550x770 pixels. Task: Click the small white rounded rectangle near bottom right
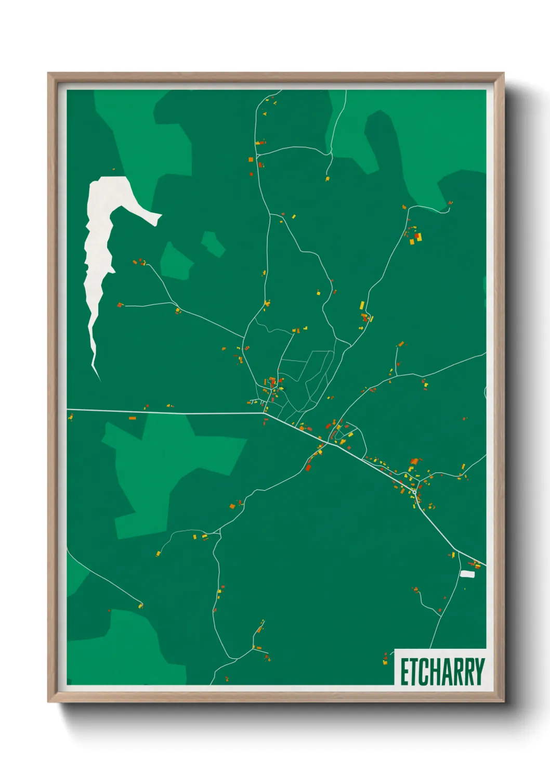(x=467, y=574)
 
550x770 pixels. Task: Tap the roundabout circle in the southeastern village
(x=414, y=492)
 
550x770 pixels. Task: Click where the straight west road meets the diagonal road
(x=264, y=414)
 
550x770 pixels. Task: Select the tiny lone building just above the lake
(x=113, y=169)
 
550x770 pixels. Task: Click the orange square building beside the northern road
(x=251, y=159)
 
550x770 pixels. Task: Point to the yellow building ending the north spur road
(x=327, y=179)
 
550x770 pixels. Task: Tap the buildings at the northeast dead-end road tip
(x=450, y=203)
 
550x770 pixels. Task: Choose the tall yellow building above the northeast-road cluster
(x=362, y=305)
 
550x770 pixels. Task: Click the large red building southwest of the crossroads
(x=308, y=467)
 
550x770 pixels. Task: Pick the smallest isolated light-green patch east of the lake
(x=213, y=243)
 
